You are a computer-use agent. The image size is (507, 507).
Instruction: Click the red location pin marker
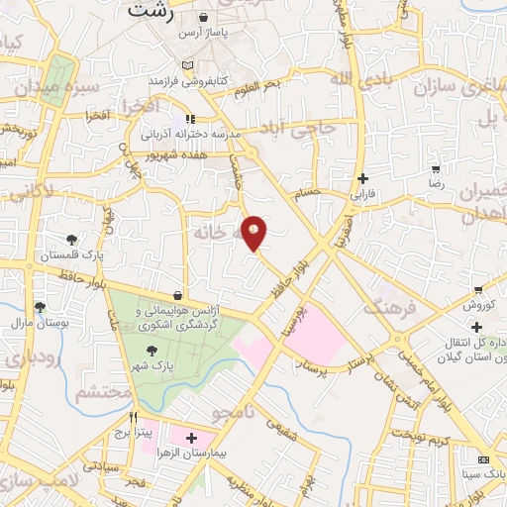255,232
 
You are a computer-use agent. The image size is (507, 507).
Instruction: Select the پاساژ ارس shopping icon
204,18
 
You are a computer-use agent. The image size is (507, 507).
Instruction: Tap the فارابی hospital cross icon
365,179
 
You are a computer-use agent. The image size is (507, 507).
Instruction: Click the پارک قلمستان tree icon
72,239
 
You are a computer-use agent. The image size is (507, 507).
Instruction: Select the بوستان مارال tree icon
40,307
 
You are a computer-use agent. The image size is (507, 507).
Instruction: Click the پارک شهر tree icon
151,351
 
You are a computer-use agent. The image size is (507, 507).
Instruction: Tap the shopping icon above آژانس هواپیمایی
177,294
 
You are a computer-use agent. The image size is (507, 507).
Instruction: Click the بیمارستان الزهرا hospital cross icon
190,437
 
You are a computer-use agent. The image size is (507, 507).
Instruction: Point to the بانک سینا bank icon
483,459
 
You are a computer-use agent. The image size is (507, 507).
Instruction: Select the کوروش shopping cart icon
478,290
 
